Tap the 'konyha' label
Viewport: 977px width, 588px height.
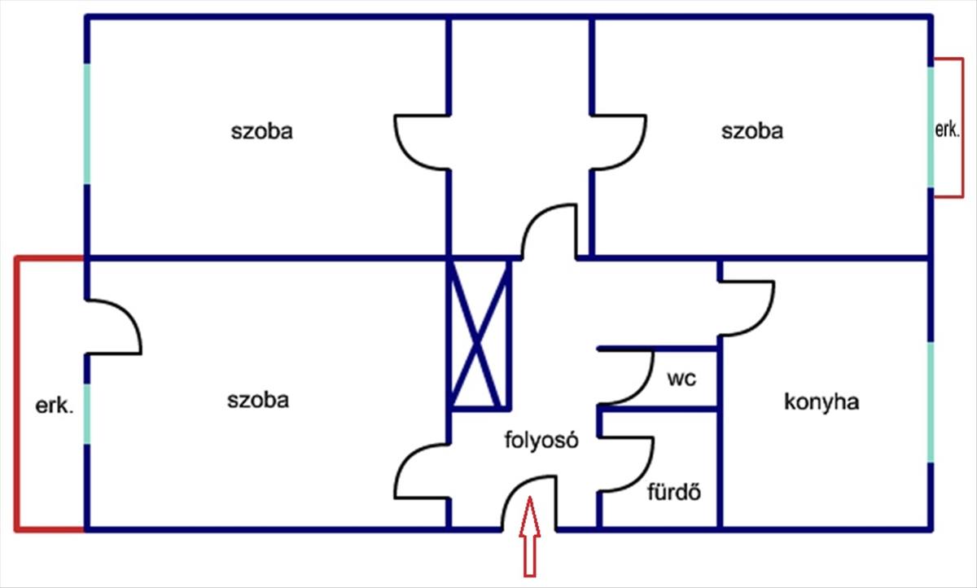(821, 402)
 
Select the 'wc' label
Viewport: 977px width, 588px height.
(681, 379)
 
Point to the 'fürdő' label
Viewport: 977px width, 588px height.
(674, 492)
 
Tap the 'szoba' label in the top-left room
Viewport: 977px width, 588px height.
(261, 131)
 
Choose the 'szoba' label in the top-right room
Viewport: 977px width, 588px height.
(751, 131)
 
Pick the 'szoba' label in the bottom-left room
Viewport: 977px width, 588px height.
(257, 400)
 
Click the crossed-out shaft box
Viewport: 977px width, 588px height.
(480, 335)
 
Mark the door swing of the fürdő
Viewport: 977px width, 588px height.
(629, 464)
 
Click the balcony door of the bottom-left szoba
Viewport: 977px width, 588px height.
(113, 327)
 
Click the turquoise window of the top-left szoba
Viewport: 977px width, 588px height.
(86, 122)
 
